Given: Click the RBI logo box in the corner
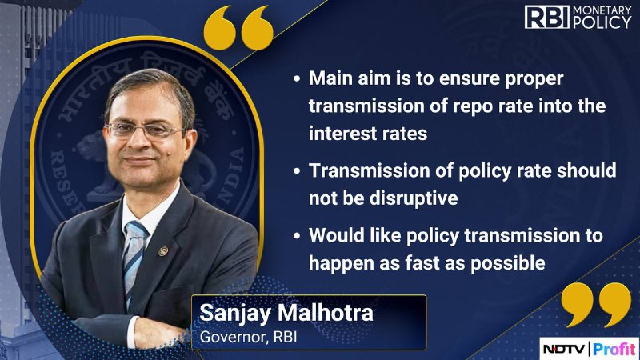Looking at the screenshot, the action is (547, 17).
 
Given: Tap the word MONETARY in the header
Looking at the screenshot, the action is (602, 10).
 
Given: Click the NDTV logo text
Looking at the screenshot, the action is (565, 349).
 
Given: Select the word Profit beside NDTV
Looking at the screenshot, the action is (614, 349).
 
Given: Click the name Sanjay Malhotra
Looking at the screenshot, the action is (286, 313).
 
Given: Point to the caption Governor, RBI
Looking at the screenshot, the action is (248, 337).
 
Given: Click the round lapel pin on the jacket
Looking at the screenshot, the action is (163, 251).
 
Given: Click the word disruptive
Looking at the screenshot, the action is (414, 198).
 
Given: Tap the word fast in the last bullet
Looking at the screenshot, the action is (422, 263).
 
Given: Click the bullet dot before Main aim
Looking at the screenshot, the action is (297, 78).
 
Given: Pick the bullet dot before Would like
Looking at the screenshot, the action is (297, 236).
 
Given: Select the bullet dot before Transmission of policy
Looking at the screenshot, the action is (297, 171).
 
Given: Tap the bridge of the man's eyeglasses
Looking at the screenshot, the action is (144, 130).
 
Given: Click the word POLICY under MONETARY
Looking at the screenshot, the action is (602, 23).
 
